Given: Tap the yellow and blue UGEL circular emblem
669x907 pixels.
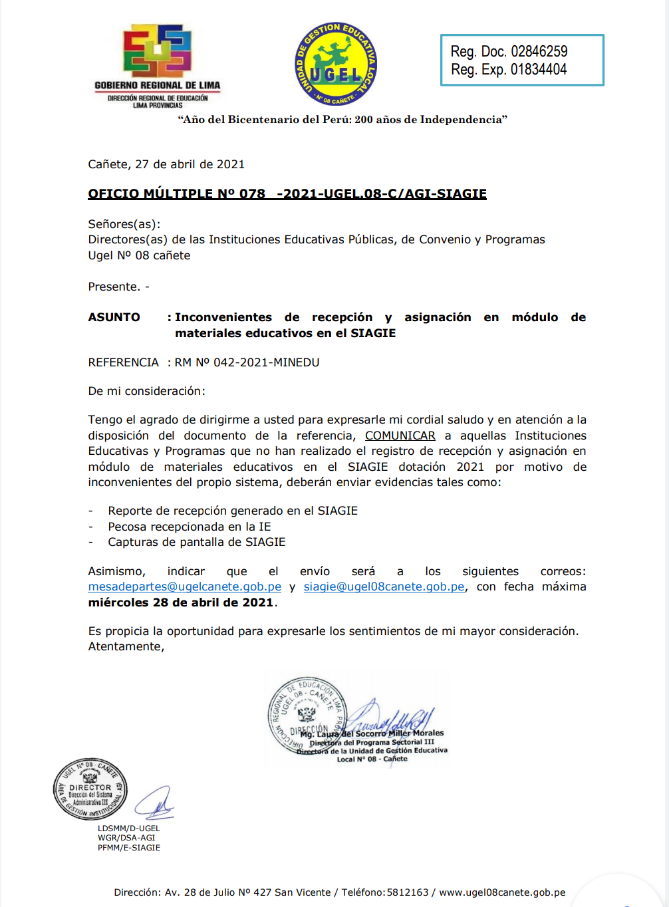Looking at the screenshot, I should pos(336,65).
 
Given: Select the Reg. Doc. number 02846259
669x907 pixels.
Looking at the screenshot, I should pos(539,52).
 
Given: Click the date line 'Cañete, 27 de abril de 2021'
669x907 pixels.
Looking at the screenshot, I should pos(166,164).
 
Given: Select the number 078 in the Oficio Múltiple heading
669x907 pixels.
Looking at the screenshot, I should pos(252,194).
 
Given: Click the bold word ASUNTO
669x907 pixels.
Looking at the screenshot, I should pos(114,318).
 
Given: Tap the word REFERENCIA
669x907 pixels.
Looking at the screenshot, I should pos(123,362).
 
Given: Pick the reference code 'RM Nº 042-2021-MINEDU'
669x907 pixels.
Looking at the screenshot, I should pos(247,362).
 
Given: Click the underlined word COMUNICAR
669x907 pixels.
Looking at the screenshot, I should pos(400,436).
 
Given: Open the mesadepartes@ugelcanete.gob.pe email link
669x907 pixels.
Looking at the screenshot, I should pos(184,587).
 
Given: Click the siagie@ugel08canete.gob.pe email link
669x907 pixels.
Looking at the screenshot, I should pos(384,587).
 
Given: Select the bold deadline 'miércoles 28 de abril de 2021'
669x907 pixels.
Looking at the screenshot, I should pos(181,602).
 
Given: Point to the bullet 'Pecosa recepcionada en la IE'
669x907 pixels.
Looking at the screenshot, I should pos(190,527).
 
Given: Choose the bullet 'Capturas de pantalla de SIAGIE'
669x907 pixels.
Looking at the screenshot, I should pos(197,542).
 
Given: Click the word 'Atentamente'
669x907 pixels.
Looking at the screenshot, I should pos(125,646).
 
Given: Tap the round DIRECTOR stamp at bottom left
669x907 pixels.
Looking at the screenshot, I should pos(90,789).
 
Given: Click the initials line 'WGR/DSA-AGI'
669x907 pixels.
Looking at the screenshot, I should pos(126,838).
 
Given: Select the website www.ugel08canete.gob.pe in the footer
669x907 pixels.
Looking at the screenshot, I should pos(502,892).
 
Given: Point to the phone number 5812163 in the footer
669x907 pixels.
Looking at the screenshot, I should pos(408,892).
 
